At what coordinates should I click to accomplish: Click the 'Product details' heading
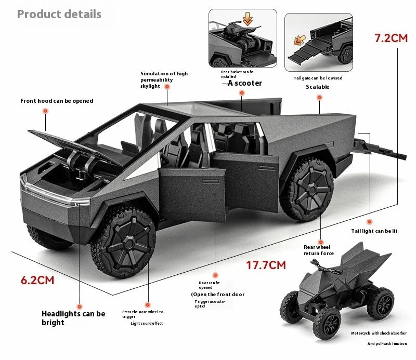(x=59, y=15)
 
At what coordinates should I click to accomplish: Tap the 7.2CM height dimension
(x=391, y=38)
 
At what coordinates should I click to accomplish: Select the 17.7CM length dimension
(x=266, y=265)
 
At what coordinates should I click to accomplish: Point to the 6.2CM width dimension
(x=37, y=280)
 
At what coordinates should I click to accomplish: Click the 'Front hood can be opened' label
(x=57, y=101)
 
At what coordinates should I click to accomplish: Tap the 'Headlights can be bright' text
(x=73, y=318)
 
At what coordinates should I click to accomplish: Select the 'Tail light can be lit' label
(x=374, y=231)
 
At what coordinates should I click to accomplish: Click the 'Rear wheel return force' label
(x=319, y=250)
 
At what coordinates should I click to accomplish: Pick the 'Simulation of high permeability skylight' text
(x=164, y=80)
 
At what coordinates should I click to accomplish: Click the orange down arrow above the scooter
(x=248, y=19)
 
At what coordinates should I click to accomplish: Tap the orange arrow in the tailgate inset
(x=300, y=41)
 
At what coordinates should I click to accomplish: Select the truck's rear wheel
(x=307, y=189)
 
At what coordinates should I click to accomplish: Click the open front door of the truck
(x=192, y=195)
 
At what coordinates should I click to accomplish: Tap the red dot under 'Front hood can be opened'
(x=46, y=111)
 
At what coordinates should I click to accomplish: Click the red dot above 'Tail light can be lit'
(x=369, y=222)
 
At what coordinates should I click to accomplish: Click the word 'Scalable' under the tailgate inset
(x=318, y=87)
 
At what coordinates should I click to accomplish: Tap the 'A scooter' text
(x=244, y=83)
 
